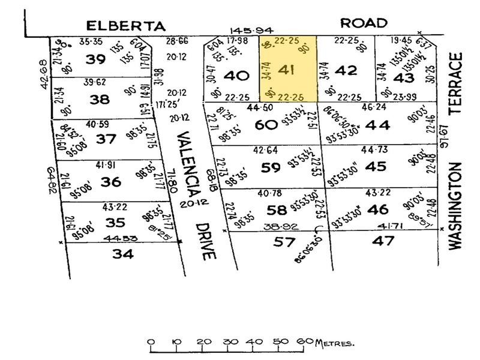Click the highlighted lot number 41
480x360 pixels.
[x=287, y=71]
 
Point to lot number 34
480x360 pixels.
[x=124, y=254]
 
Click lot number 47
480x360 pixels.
[x=383, y=241]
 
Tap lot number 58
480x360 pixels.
[x=277, y=210]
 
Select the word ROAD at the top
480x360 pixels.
[x=364, y=23]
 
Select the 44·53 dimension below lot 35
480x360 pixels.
[x=118, y=239]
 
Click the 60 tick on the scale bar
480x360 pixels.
[x=306, y=343]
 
